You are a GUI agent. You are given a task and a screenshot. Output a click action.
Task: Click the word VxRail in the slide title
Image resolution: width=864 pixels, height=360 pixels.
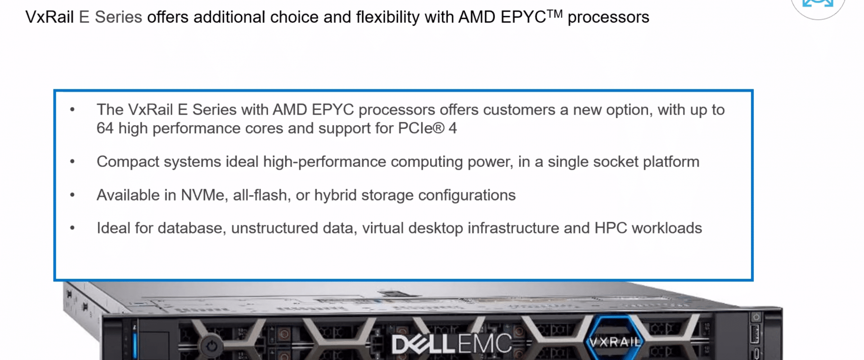(49, 17)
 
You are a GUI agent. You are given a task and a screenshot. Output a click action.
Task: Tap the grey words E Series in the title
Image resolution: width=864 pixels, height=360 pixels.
(111, 17)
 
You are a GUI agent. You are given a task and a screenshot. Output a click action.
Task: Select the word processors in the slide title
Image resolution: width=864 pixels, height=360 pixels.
(608, 18)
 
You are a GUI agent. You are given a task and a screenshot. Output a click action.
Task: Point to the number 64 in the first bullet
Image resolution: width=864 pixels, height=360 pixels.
(105, 128)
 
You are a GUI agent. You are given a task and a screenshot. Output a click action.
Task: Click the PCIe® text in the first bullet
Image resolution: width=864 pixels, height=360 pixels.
(421, 128)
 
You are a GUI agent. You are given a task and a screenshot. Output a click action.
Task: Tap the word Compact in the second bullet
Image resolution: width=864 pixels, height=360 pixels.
(128, 162)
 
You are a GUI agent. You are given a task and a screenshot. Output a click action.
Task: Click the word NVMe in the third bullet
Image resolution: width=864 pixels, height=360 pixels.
(203, 195)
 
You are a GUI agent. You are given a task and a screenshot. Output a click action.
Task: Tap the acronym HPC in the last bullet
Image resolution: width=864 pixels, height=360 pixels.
(611, 228)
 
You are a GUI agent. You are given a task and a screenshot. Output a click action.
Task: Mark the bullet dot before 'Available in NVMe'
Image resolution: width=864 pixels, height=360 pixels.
(72, 195)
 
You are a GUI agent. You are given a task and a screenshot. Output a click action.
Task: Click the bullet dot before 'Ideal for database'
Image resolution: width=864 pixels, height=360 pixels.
(72, 228)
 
